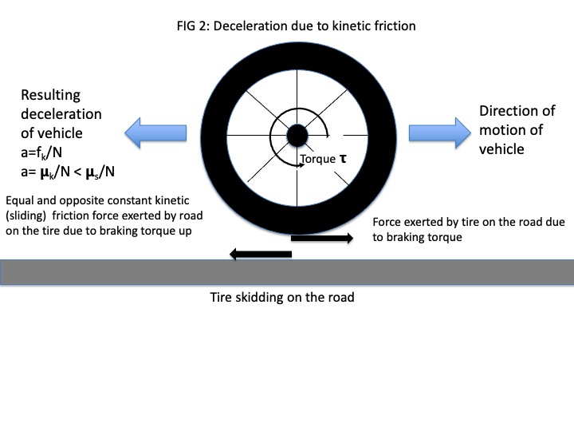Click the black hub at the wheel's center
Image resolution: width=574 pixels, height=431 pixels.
coord(296,136)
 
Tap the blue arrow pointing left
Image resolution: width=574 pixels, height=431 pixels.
coord(156,131)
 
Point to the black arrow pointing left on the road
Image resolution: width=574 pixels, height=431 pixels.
coord(260,255)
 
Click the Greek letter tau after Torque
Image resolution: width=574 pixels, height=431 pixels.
coord(343,158)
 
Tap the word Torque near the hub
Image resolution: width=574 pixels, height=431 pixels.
coord(317,159)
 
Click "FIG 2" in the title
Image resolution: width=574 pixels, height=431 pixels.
coord(192,26)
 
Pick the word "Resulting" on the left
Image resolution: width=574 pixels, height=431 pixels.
coord(51,95)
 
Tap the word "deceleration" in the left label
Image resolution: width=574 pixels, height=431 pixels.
coord(61,114)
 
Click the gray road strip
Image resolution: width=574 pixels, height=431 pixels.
coord(287,271)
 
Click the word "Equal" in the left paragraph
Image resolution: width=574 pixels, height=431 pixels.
coord(21,200)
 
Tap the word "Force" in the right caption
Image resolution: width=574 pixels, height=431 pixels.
coord(388,223)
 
